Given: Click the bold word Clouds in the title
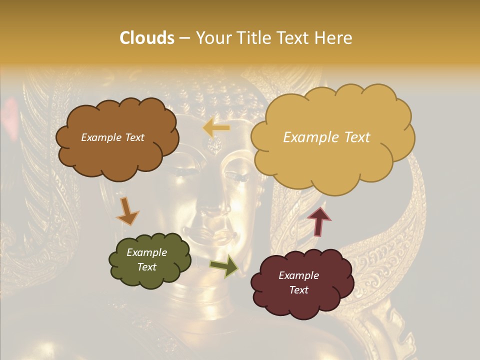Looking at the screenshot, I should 147,38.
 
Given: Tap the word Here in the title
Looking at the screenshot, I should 334,38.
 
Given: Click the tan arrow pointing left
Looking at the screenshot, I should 216,128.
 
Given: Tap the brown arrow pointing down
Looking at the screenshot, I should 128,211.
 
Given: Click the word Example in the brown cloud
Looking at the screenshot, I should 99,137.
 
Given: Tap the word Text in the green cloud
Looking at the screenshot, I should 147,267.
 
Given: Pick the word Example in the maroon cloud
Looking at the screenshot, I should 298,275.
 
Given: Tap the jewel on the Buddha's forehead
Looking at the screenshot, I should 215,145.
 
